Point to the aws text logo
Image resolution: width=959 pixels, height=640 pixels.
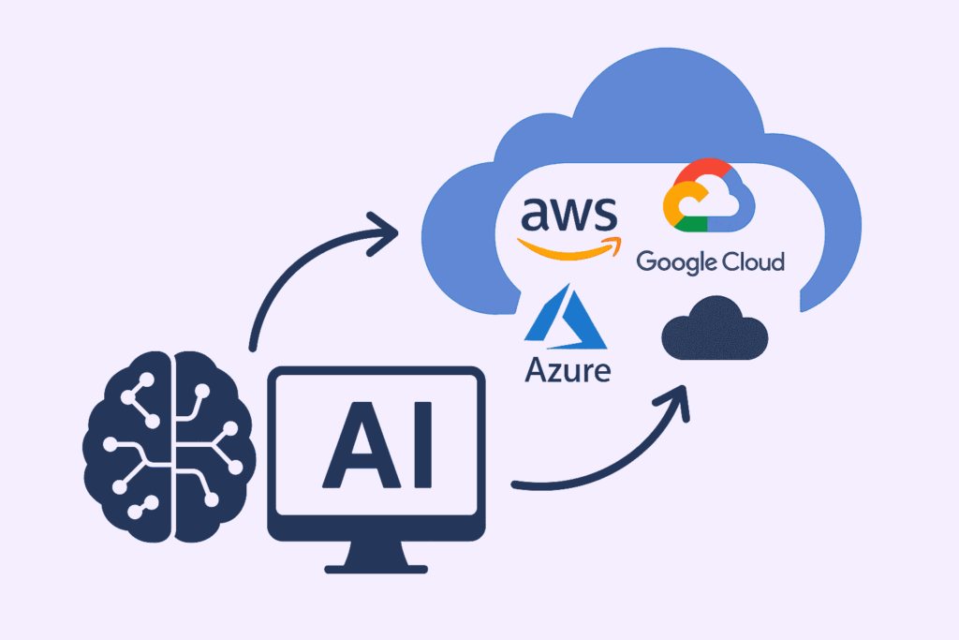pyautogui.click(x=569, y=215)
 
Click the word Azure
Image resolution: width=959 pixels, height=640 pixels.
pyautogui.click(x=568, y=368)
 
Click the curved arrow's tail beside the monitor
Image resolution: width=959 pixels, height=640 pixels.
pyautogui.click(x=521, y=485)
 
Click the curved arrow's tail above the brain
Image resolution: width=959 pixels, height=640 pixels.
pyautogui.click(x=252, y=342)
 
